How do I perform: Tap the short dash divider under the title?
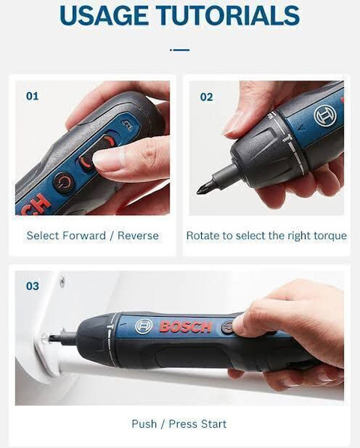click(x=180, y=50)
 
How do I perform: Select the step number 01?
click(x=32, y=97)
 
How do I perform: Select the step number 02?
click(x=206, y=97)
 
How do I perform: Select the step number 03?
click(x=32, y=286)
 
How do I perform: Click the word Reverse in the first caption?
click(x=138, y=236)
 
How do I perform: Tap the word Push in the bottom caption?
click(x=144, y=424)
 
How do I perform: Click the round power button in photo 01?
click(x=64, y=182)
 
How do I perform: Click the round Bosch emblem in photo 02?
click(x=324, y=117)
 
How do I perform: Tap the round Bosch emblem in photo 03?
click(x=144, y=326)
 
